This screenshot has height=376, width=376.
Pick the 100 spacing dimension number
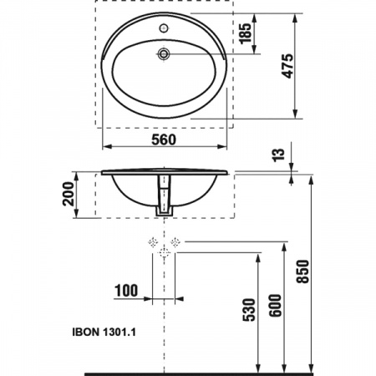pyautogui.click(x=125, y=291)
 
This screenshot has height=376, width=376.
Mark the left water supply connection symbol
pyautogui.click(x=153, y=241)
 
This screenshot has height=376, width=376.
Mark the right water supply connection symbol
pyautogui.click(x=175, y=241)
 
